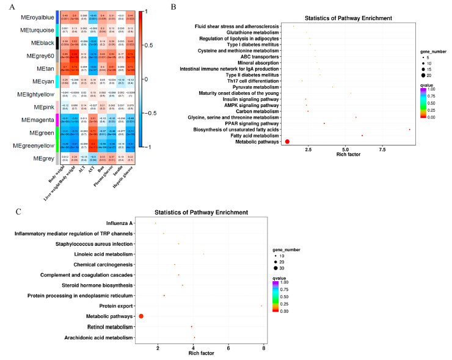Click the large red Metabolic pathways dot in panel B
point(287,142)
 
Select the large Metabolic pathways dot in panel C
point(141,316)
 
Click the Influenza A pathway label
point(120,223)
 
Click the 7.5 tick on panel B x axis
point(382,149)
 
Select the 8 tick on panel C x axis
point(263,348)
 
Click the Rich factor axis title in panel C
point(202,354)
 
